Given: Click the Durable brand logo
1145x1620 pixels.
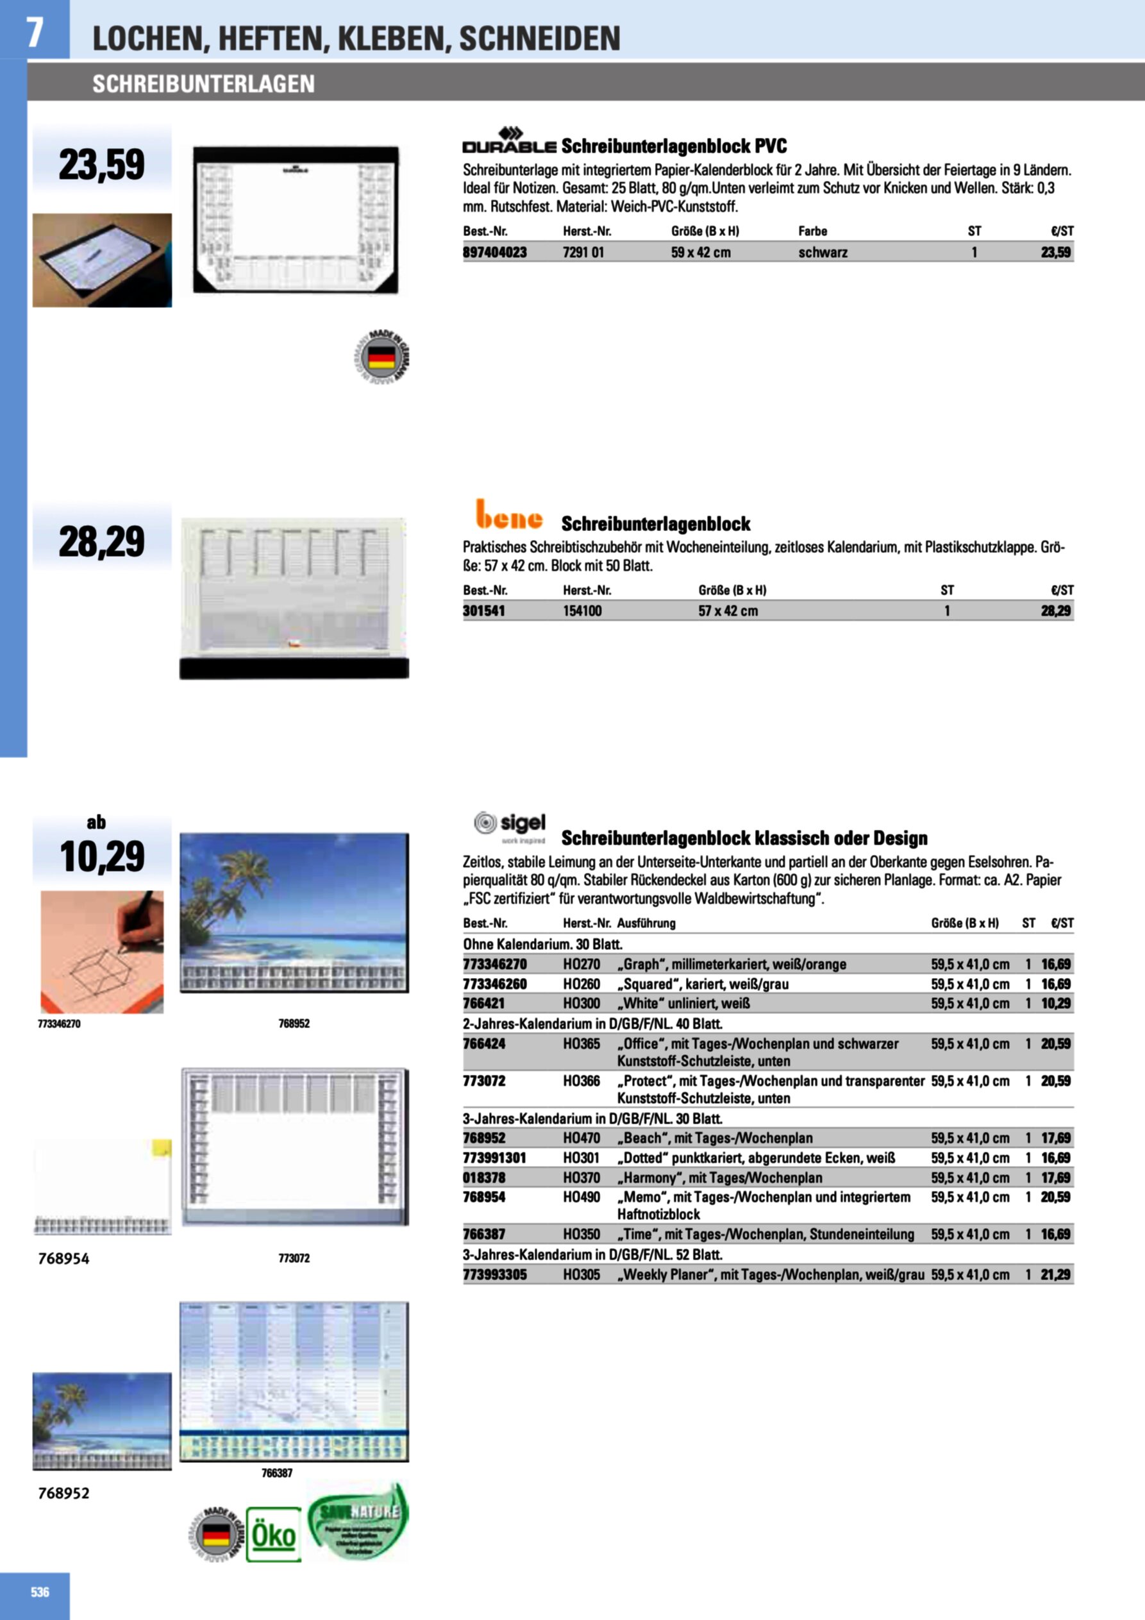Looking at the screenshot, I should click(x=508, y=140).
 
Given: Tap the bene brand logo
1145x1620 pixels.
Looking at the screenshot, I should click(x=508, y=514).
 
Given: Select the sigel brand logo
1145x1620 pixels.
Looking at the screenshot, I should click(x=510, y=825).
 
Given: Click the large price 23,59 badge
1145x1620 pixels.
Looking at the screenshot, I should click(x=101, y=164).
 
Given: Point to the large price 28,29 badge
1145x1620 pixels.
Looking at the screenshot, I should click(x=101, y=541).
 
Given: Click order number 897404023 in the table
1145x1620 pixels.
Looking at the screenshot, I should click(x=494, y=252).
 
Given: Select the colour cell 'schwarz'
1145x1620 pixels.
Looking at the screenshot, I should click(x=823, y=252).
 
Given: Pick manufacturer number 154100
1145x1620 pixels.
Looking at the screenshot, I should click(x=582, y=611).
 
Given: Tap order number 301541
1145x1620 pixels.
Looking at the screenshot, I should click(x=484, y=611).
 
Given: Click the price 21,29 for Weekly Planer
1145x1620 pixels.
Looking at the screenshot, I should click(x=1055, y=1274).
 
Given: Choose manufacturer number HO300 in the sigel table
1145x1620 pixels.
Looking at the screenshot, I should click(x=581, y=1002).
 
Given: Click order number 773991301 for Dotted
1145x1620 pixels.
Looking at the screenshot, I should click(x=494, y=1157).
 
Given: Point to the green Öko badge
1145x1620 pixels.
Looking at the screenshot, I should click(x=274, y=1534).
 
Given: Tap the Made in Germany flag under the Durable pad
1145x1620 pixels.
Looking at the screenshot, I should click(x=381, y=357).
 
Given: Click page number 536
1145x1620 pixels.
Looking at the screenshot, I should click(x=40, y=1591).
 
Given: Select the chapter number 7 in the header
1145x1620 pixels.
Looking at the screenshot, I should click(x=34, y=32).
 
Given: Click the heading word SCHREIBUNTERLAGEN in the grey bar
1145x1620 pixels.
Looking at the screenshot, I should click(x=203, y=84).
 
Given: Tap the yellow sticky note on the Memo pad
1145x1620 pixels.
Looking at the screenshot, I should click(x=162, y=1149).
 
